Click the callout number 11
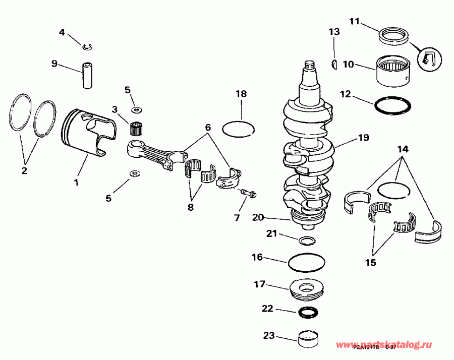pos(354,22)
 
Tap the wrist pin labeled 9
pos(88,74)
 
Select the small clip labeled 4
pos(88,47)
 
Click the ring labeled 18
pos(239,129)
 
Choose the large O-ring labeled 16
pos(306,263)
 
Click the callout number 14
pos(402,149)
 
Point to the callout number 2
pos(24,171)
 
